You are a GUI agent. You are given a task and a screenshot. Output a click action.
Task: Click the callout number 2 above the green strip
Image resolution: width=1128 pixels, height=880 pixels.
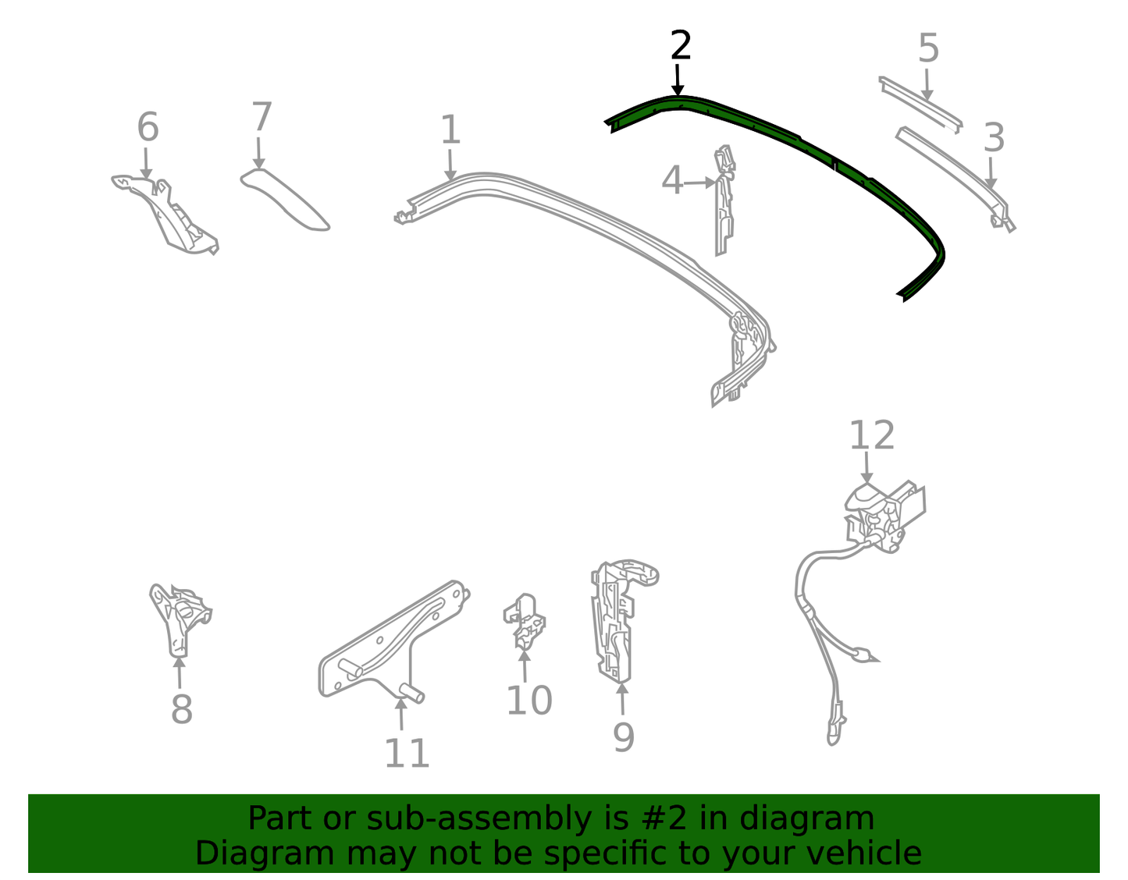(x=681, y=44)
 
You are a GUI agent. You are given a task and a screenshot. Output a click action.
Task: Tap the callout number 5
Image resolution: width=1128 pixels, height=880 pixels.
(x=929, y=48)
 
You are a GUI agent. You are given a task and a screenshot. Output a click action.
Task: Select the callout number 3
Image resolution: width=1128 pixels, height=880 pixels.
(x=994, y=138)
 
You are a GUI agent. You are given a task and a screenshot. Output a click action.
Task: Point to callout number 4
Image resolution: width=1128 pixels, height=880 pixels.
(x=672, y=180)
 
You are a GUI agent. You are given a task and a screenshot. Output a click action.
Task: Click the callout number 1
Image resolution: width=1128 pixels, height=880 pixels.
(x=450, y=130)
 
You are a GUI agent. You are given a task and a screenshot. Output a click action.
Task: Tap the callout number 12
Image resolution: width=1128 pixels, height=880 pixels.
(x=872, y=435)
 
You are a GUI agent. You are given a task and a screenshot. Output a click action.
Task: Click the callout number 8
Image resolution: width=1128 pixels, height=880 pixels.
(x=182, y=709)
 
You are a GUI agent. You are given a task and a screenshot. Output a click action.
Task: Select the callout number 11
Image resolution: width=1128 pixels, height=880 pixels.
(x=407, y=753)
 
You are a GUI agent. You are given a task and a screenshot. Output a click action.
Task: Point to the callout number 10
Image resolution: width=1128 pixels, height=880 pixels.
(x=529, y=700)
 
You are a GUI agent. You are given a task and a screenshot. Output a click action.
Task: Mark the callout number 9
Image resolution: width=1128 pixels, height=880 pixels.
(x=624, y=737)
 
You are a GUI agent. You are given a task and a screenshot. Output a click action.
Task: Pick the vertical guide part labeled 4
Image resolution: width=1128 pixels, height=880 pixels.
(x=724, y=200)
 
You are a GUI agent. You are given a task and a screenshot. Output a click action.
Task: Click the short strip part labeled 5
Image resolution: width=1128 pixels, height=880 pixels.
(x=920, y=104)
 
